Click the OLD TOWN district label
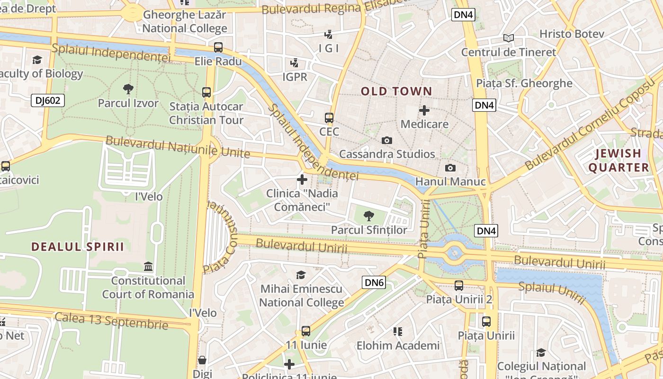coord(396,91)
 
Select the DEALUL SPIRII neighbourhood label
coord(78,247)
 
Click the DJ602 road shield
coord(48,100)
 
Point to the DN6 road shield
coord(374,283)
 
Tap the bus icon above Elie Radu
coord(218,47)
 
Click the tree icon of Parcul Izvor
coord(128,89)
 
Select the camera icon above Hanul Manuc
coord(450,168)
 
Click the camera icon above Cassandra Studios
coord(387,140)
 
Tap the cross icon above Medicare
coord(424,110)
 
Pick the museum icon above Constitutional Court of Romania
coord(148,267)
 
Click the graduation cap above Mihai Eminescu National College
coord(301,275)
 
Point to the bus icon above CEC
coord(329,117)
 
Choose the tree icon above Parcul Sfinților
coord(368,216)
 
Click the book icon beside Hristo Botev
coord(509,38)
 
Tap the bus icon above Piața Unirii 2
coord(458,285)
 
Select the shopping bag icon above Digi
coord(202,360)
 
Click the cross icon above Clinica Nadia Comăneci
coord(302,180)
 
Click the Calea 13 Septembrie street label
coord(111,321)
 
